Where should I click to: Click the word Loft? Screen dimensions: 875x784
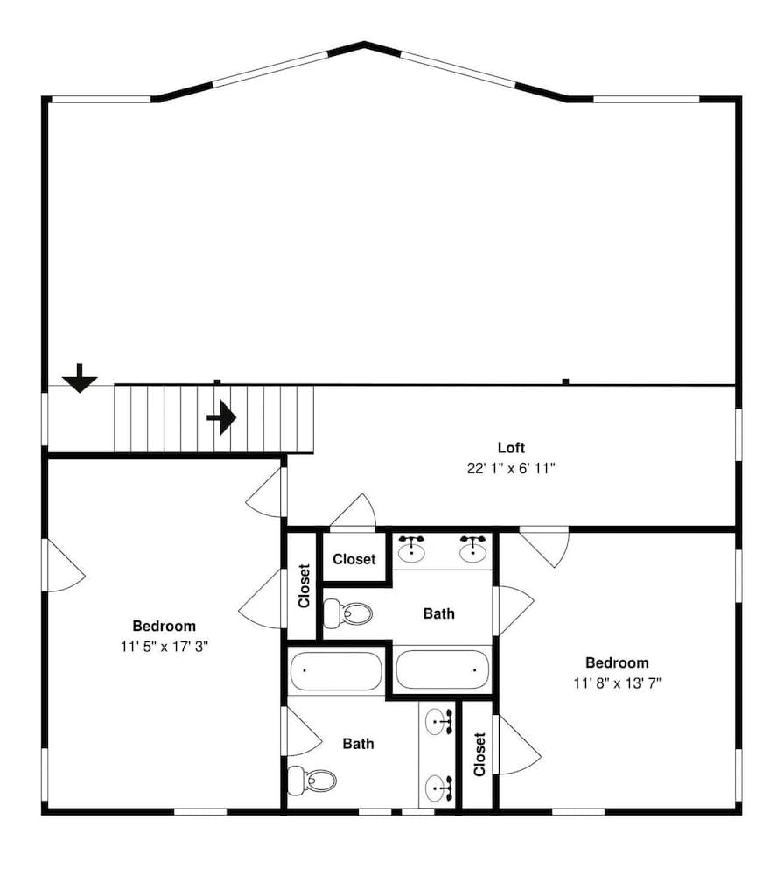coord(512,448)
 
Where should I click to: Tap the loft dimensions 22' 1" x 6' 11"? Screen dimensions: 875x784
coord(512,469)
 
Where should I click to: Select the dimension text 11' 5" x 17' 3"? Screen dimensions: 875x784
coord(164,647)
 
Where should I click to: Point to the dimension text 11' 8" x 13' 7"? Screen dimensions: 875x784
coord(617,682)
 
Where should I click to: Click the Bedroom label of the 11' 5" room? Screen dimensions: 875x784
coord(164,626)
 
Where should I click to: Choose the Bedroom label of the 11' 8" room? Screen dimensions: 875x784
coord(617,662)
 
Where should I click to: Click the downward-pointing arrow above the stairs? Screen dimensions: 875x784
coord(80,379)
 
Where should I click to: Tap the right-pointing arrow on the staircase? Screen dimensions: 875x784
coord(222,417)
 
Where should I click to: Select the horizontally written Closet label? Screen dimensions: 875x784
coord(354,559)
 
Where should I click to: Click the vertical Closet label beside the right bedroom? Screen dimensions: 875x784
coord(479,754)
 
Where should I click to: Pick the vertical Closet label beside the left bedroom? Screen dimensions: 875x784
coord(304,586)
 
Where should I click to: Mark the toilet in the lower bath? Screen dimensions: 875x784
coord(312,780)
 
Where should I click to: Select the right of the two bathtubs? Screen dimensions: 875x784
coord(443,671)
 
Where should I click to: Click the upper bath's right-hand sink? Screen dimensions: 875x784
coord(472,549)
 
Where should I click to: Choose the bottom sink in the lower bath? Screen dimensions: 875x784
coord(438,787)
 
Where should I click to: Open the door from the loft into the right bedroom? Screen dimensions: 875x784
coord(544,544)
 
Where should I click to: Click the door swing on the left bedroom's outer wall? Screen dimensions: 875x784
coord(64,567)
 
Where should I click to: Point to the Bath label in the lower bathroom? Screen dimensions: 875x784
coord(358,744)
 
